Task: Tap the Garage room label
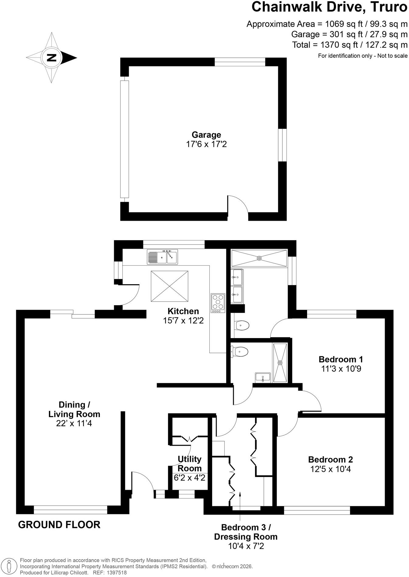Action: [x=206, y=135]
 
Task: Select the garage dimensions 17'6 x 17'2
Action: [x=206, y=144]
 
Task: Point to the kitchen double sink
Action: [x=162, y=257]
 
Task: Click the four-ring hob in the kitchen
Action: [x=218, y=303]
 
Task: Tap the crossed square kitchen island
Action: [x=170, y=286]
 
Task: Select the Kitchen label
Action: [x=183, y=311]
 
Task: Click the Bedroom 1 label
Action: [x=341, y=359]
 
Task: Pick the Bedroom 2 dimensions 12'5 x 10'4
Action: [x=330, y=469]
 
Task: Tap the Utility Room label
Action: [x=190, y=464]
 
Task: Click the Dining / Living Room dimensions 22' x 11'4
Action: [x=74, y=423]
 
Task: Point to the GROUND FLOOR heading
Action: [x=59, y=525]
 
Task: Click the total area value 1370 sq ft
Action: [x=338, y=45]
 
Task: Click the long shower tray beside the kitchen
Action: [x=259, y=258]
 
